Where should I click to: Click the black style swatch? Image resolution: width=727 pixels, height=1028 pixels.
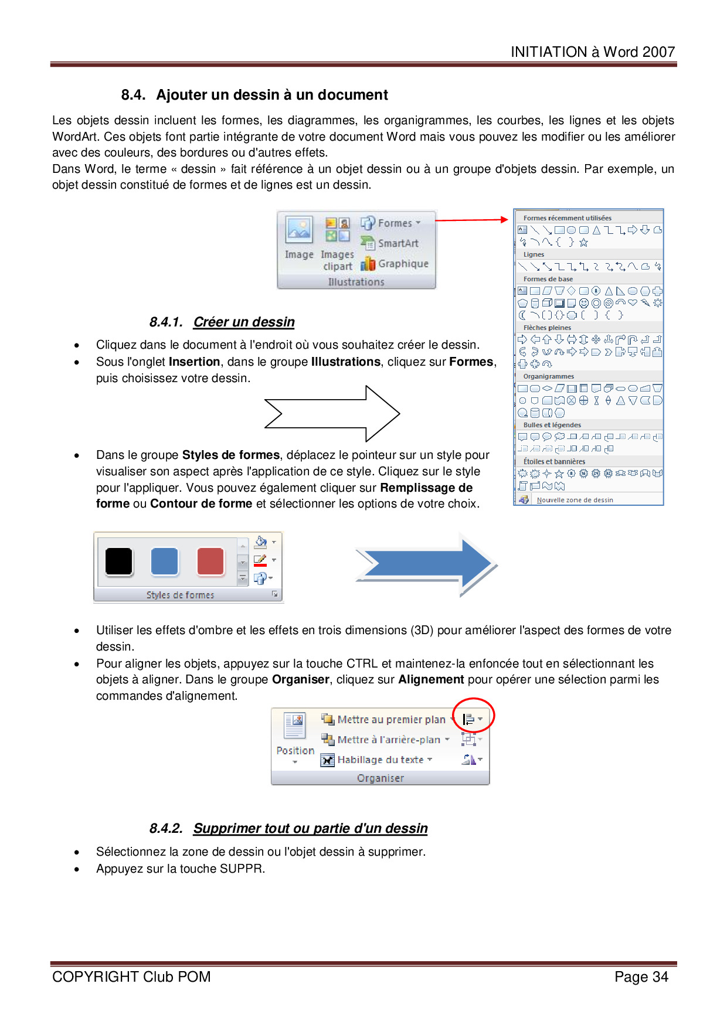(x=119, y=561)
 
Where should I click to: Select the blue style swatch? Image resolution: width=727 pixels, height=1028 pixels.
(x=164, y=561)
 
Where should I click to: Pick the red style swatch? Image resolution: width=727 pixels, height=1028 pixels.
(x=210, y=561)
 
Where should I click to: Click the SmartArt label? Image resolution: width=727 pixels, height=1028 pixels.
(x=398, y=243)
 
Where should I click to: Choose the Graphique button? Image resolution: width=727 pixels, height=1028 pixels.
(x=402, y=264)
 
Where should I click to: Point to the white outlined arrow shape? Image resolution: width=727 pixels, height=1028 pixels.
(x=332, y=414)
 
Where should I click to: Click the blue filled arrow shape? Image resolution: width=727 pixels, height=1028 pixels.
(x=426, y=564)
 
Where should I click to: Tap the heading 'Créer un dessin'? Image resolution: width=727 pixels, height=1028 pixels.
(x=244, y=322)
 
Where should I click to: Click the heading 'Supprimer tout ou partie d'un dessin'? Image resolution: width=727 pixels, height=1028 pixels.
(x=310, y=828)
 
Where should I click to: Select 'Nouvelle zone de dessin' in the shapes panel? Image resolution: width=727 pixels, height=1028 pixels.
(x=575, y=500)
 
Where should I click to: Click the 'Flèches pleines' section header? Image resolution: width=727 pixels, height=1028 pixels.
(x=547, y=328)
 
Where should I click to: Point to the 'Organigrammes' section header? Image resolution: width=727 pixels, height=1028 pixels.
(x=549, y=376)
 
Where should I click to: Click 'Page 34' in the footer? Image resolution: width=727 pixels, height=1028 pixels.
(x=641, y=977)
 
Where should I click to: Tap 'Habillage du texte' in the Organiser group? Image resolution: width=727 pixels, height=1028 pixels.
(x=380, y=760)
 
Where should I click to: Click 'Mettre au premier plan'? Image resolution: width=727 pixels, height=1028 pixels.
(x=391, y=720)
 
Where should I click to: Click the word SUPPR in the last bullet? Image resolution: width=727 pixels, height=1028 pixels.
(x=240, y=869)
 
